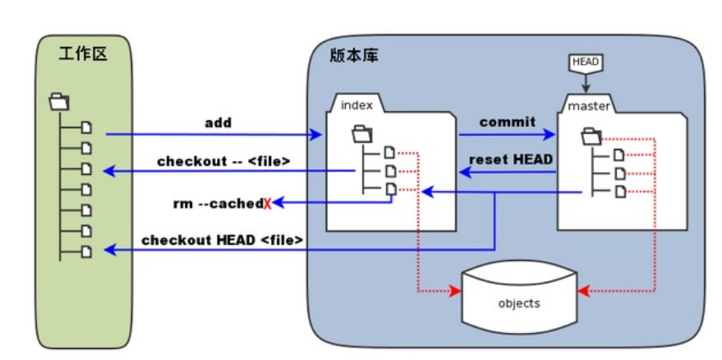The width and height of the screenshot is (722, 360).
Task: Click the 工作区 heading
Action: [83, 56]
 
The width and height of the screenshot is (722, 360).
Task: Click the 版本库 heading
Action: [354, 56]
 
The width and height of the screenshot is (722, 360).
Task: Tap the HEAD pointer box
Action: [586, 62]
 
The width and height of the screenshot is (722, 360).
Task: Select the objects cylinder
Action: [519, 302]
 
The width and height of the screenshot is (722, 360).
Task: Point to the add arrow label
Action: [218, 123]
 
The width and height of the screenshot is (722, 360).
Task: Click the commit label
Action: [507, 122]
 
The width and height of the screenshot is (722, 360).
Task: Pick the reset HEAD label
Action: [511, 160]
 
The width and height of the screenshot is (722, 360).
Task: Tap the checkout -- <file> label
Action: [224, 161]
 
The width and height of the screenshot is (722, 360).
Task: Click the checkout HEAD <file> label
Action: [222, 240]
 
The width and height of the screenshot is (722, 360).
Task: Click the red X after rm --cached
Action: [268, 204]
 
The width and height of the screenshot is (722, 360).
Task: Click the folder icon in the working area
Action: [59, 102]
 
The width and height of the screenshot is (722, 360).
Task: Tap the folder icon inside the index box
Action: [362, 132]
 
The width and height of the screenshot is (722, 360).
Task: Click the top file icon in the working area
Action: [85, 128]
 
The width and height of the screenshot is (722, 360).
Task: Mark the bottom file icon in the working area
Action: [85, 251]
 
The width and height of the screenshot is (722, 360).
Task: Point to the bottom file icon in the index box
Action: [390, 190]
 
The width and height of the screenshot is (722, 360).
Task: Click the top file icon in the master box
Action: [619, 154]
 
